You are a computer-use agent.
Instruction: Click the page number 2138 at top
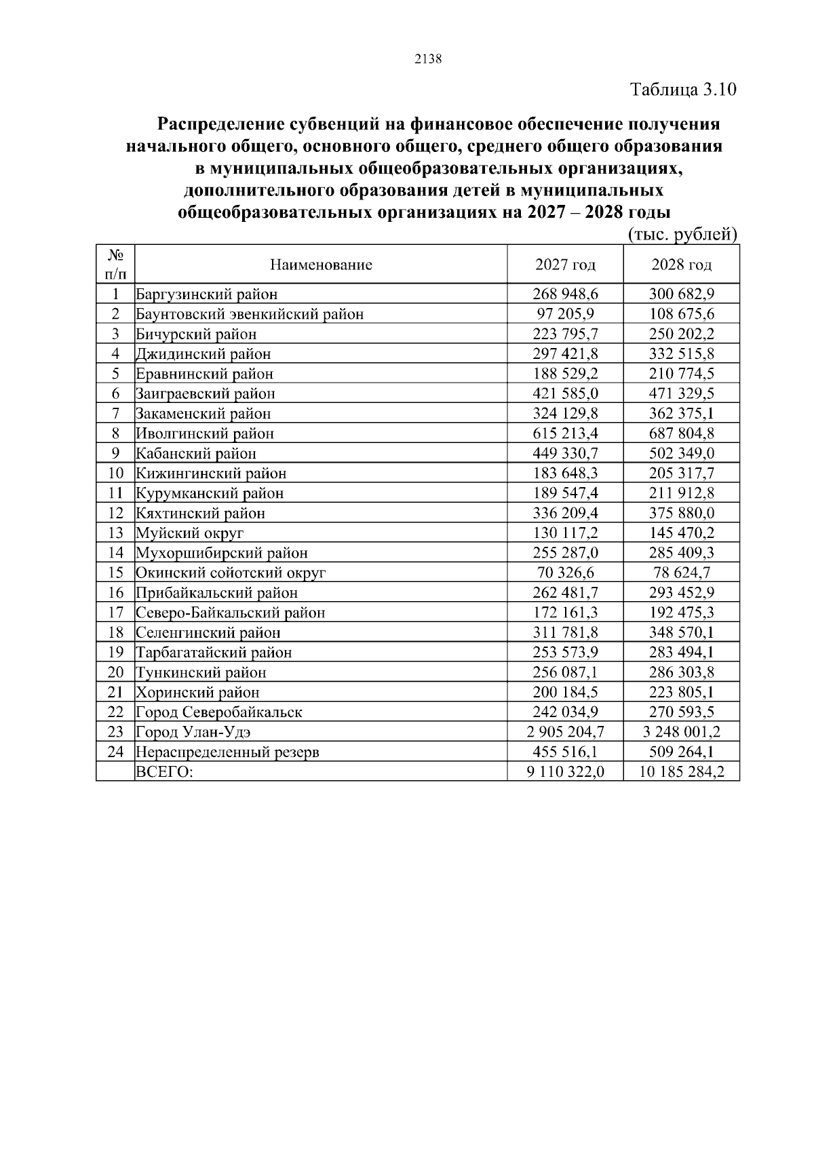(x=428, y=59)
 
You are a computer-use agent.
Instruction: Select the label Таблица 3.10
(x=682, y=90)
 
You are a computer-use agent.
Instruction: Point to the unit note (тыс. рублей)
(x=681, y=235)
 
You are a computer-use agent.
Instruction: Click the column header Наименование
(x=321, y=265)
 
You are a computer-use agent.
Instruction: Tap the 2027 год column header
(x=565, y=265)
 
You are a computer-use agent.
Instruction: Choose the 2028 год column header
(x=681, y=265)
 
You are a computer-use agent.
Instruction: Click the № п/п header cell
(x=115, y=265)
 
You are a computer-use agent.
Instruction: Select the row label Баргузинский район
(x=207, y=294)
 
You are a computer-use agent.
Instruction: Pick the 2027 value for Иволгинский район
(x=565, y=434)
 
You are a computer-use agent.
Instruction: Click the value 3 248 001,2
(x=681, y=732)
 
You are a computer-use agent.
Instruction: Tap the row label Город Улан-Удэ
(x=198, y=732)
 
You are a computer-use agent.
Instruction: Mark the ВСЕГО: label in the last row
(x=165, y=772)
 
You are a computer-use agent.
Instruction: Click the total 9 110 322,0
(x=565, y=772)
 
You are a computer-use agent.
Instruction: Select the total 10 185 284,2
(x=681, y=772)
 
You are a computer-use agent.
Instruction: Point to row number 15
(x=115, y=573)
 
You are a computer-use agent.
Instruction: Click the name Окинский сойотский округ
(x=231, y=573)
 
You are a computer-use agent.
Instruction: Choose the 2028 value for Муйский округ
(x=681, y=533)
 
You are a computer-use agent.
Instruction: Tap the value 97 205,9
(x=565, y=314)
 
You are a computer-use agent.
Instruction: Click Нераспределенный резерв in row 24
(x=227, y=752)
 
